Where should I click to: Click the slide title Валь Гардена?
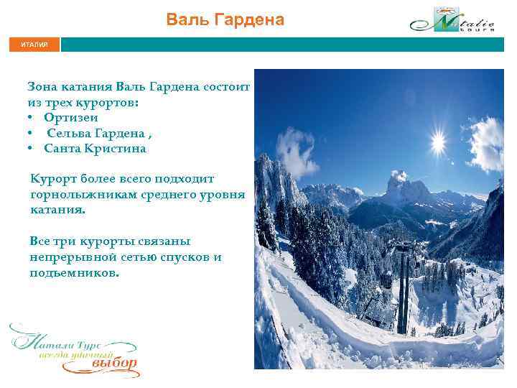(225, 19)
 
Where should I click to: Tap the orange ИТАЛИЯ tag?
(34, 45)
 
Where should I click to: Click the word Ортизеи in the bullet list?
(70, 117)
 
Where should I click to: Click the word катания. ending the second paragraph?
(57, 210)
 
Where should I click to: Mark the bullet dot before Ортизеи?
(32, 117)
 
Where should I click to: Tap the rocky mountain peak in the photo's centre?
(396, 183)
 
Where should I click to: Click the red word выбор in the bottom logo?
(113, 363)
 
